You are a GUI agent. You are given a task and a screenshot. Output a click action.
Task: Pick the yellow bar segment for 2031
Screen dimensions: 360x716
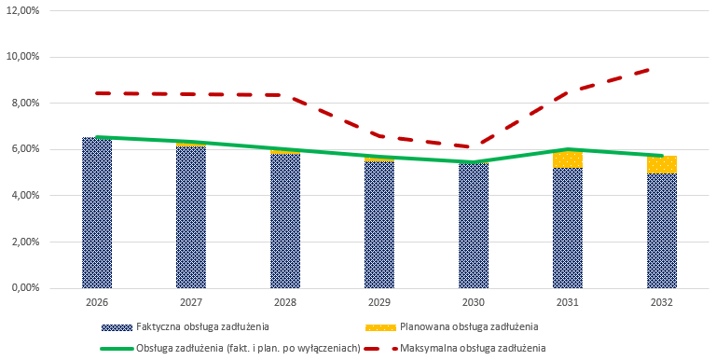(x=568, y=159)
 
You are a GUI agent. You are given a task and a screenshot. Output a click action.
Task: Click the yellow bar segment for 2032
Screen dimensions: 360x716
(x=662, y=164)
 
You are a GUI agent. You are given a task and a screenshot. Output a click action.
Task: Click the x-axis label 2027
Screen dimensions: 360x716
(x=191, y=303)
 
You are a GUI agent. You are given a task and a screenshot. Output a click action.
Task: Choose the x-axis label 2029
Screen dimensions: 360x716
(x=379, y=303)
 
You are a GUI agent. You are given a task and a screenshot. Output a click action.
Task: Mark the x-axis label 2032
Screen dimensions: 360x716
(x=662, y=303)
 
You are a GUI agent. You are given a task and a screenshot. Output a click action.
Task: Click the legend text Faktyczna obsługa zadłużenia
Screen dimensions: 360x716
(x=202, y=326)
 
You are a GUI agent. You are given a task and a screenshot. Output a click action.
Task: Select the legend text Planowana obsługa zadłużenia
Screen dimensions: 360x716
(x=469, y=326)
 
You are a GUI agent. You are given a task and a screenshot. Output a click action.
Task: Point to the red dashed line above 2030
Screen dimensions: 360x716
(x=474, y=146)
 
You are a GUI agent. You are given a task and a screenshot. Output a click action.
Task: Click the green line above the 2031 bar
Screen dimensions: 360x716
(x=568, y=149)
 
